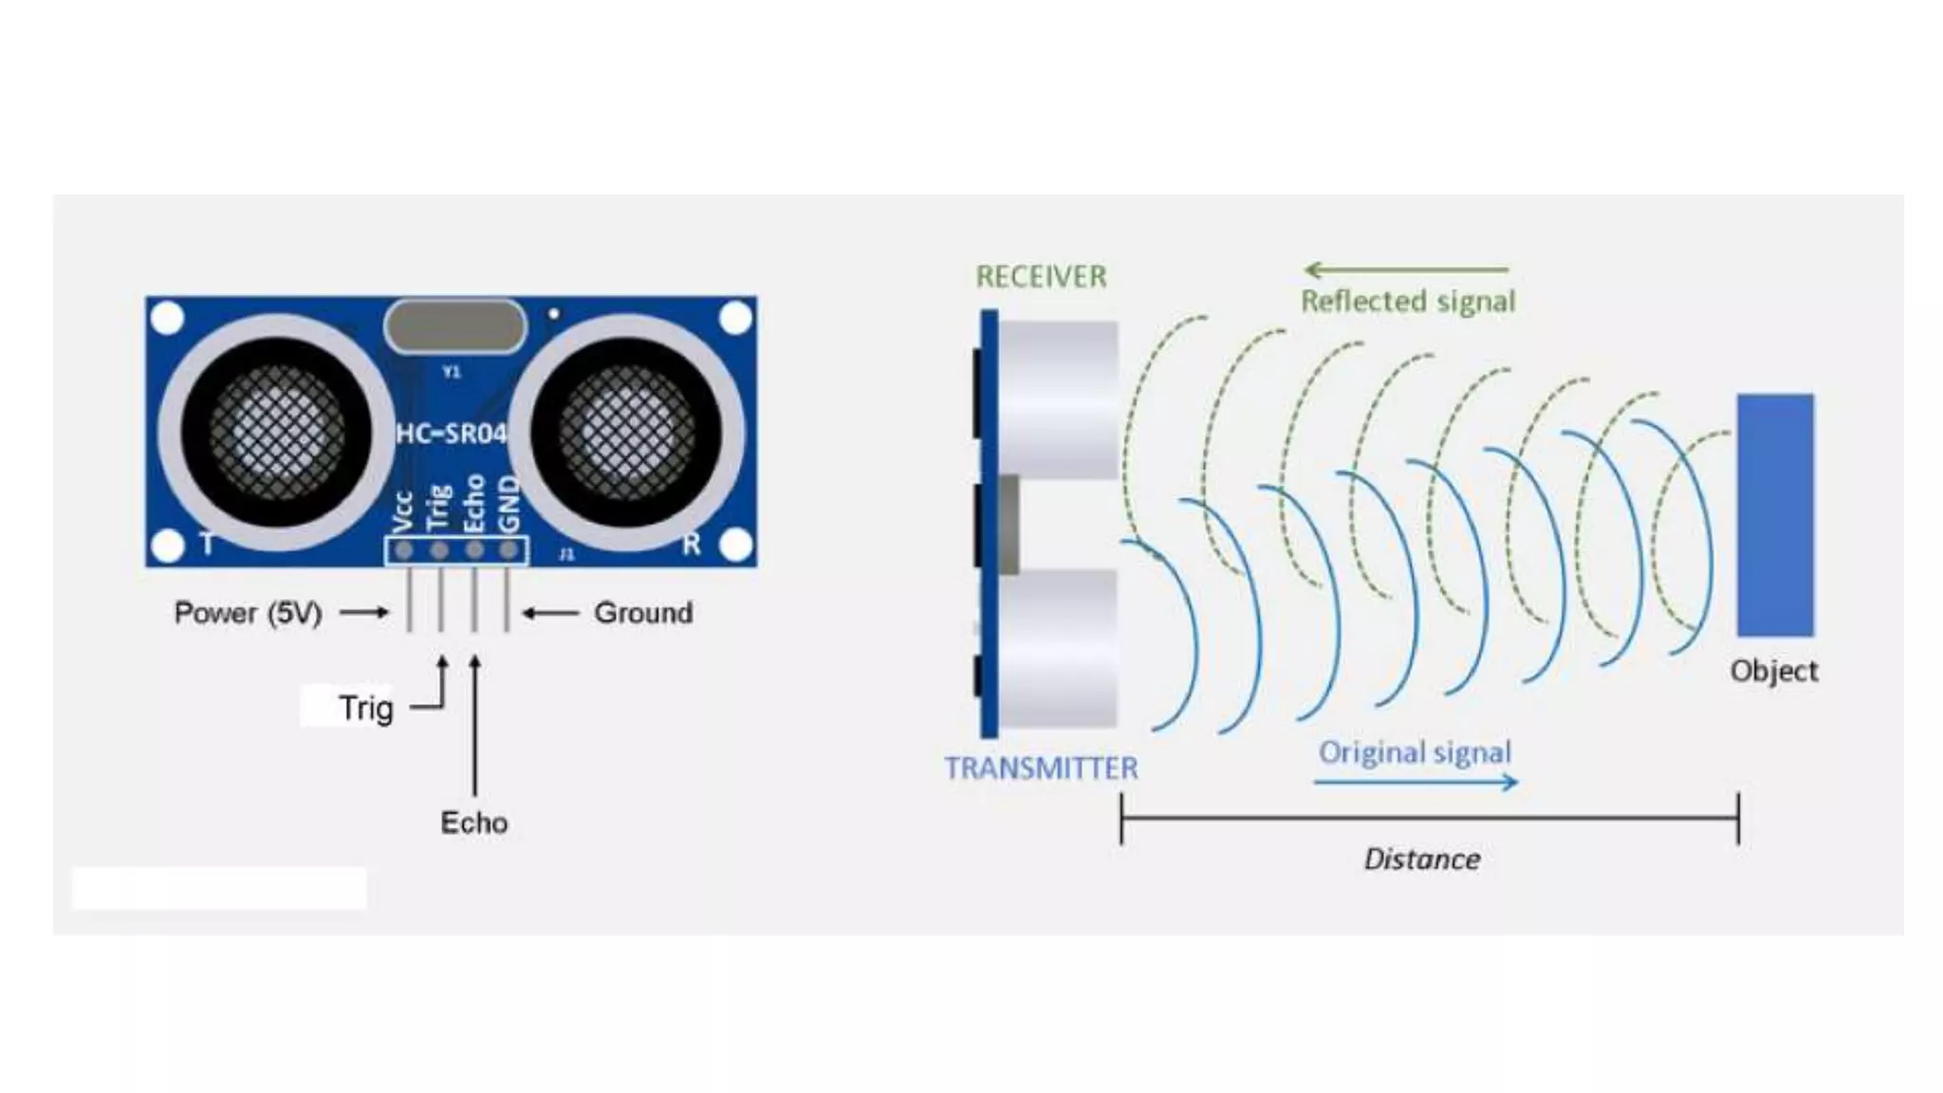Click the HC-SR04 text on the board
click(452, 435)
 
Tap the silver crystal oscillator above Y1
click(454, 326)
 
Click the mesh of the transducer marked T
click(276, 432)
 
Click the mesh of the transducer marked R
click(626, 432)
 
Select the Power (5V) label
click(249, 613)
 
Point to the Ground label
click(643, 613)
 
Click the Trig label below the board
click(365, 708)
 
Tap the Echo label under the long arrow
click(473, 823)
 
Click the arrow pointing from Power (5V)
click(364, 613)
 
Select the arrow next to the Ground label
click(550, 613)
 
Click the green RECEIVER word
click(1041, 277)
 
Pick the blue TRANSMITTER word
click(1041, 768)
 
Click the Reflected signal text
click(1408, 302)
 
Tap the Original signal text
click(1415, 752)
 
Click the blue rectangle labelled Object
click(1775, 515)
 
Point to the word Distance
click(1422, 860)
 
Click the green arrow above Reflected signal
click(1405, 270)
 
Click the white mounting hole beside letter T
click(168, 546)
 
